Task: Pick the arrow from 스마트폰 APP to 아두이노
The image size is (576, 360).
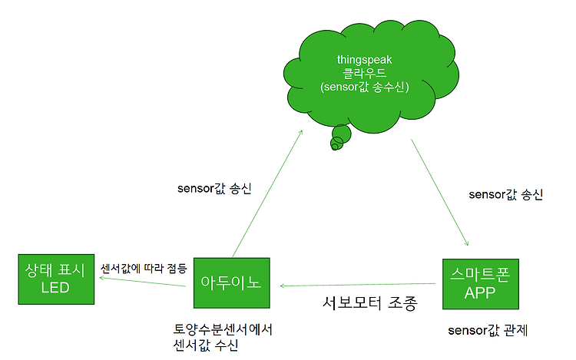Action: [361, 286]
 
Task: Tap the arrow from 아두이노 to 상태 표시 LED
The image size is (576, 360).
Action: [142, 282]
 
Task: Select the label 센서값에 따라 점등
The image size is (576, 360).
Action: [144, 269]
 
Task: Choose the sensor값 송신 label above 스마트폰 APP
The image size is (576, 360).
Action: [505, 194]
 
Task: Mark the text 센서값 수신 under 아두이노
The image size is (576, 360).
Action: [207, 345]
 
